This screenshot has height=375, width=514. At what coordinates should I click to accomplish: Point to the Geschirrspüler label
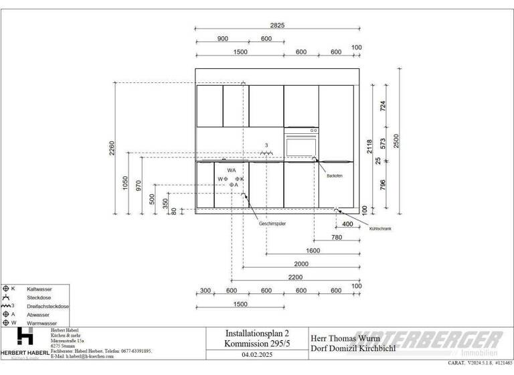pyautogui.click(x=272, y=223)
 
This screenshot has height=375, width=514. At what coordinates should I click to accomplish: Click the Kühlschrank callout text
pyautogui.click(x=379, y=229)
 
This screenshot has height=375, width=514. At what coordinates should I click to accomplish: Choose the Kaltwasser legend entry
pyautogui.click(x=38, y=289)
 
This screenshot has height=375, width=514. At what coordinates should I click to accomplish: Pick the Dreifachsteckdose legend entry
pyautogui.click(x=47, y=306)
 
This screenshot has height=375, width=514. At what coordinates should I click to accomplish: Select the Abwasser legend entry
pyautogui.click(x=37, y=314)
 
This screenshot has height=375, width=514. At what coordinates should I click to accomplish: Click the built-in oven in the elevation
pyautogui.click(x=301, y=145)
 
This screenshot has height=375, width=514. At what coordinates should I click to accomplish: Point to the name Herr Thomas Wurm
pyautogui.click(x=344, y=338)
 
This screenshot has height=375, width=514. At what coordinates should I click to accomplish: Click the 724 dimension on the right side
pyautogui.click(x=383, y=106)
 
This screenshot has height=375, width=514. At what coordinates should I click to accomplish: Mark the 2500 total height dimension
pyautogui.click(x=396, y=141)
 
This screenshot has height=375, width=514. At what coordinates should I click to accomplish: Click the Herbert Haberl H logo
pyautogui.click(x=25, y=337)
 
